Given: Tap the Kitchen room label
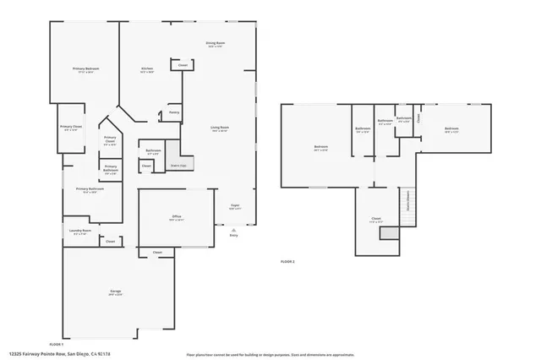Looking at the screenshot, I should [x=146, y=69].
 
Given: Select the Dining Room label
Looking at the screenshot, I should [x=215, y=43].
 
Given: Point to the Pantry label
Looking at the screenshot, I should [x=173, y=112].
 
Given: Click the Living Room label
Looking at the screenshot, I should [x=220, y=128].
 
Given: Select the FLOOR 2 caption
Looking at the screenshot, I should [x=287, y=262].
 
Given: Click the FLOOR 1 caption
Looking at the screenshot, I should [x=57, y=345].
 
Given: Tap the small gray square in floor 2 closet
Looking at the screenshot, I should [x=388, y=233].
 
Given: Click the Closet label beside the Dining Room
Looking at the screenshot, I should [x=183, y=65].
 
